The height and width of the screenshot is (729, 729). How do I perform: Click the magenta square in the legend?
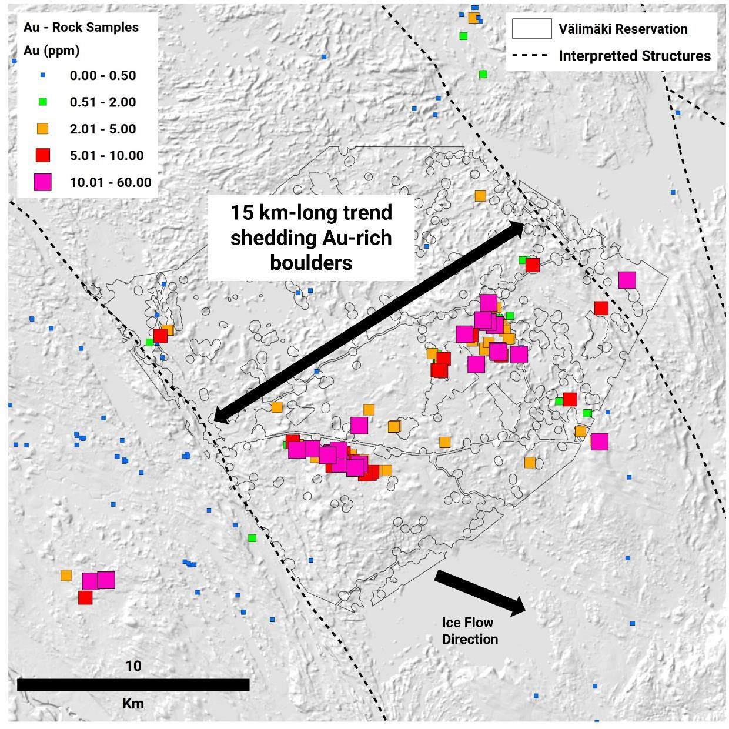coord(42,182)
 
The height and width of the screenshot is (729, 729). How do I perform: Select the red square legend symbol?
coord(42,155)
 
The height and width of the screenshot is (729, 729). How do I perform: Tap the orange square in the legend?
coord(42,129)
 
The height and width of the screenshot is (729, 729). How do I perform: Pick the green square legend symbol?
coord(42,102)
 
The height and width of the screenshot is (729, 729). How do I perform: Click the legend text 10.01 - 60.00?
coord(111,182)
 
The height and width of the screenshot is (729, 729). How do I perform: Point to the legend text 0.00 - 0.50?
coord(103,76)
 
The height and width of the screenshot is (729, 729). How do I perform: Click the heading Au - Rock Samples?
coord(81,28)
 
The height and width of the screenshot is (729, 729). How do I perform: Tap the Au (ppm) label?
coord(51,51)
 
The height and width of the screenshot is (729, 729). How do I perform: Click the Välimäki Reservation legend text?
coord(623,29)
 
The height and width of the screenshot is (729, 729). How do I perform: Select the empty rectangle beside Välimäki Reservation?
coord(531,29)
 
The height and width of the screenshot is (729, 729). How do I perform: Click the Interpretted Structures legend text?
coord(634,56)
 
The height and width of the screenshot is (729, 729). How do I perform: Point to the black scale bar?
coord(133,684)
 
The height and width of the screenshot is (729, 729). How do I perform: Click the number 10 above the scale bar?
coord(133,666)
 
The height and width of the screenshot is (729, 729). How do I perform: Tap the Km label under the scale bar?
coord(133,703)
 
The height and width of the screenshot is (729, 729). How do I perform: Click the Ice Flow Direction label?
coord(469,631)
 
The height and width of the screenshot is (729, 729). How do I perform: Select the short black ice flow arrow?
coord(480,593)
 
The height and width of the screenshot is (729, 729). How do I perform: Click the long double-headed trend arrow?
coord(369,322)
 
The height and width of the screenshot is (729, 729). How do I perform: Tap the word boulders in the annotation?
coord(311,262)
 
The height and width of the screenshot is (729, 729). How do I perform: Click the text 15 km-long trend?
coord(311,212)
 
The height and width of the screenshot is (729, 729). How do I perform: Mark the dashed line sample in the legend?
coord(531,56)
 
